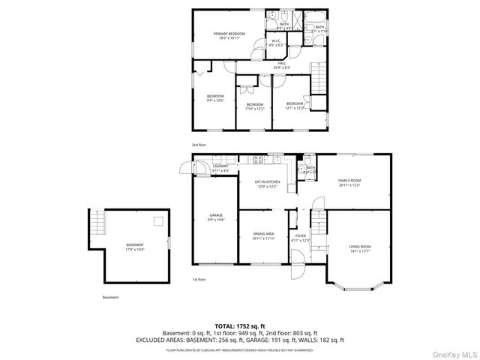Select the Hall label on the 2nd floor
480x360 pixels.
click(x=282, y=66)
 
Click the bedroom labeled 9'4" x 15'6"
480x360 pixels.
click(x=216, y=98)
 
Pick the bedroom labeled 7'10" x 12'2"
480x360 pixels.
click(x=255, y=106)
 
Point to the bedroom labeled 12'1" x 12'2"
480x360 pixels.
click(x=295, y=106)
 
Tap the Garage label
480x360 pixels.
click(x=215, y=217)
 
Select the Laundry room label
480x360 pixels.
click(x=220, y=168)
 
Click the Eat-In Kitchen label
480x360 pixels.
click(x=267, y=184)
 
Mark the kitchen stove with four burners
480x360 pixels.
click(x=257, y=159)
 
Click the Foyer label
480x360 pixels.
click(x=301, y=238)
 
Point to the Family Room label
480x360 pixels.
click(x=349, y=182)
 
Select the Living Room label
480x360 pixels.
click(x=360, y=248)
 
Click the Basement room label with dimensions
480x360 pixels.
click(x=135, y=247)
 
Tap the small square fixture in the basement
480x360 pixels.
click(x=157, y=220)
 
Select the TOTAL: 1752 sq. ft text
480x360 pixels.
click(x=240, y=325)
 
